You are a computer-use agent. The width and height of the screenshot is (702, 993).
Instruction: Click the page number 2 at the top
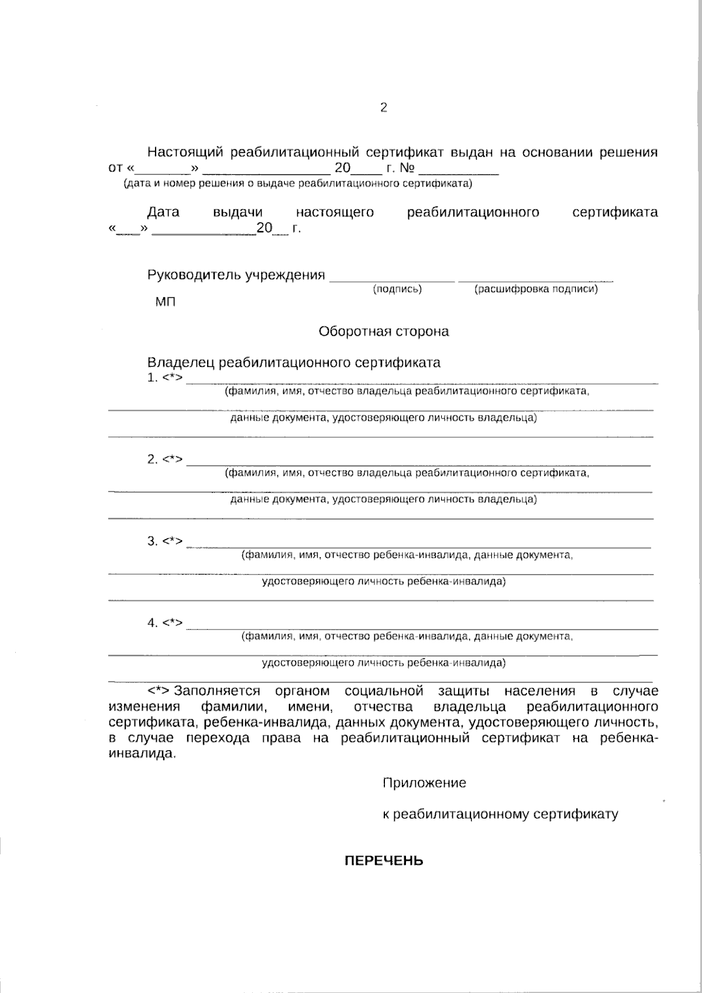click(x=384, y=108)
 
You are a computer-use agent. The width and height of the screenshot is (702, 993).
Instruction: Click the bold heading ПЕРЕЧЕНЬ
click(x=383, y=861)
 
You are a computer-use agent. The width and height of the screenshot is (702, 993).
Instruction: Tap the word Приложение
click(x=424, y=783)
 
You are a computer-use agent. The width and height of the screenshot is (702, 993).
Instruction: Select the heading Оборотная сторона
click(x=384, y=332)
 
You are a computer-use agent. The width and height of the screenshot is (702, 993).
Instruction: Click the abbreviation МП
click(x=165, y=302)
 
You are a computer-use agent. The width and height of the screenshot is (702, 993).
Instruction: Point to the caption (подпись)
click(x=397, y=289)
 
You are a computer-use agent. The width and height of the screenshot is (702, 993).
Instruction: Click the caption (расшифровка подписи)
click(x=536, y=289)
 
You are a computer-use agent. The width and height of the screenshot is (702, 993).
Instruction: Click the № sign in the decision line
click(x=408, y=169)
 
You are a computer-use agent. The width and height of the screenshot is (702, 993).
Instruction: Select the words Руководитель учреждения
click(x=236, y=275)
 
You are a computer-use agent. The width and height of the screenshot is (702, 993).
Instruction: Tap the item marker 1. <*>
click(x=166, y=378)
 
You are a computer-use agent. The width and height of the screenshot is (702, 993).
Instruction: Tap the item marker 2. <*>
click(x=166, y=459)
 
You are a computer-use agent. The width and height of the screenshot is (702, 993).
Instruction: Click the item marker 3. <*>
click(x=166, y=541)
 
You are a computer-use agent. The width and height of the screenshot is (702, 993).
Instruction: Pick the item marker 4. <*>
click(x=166, y=623)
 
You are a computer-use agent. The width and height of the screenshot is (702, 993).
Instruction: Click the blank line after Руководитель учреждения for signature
click(x=392, y=280)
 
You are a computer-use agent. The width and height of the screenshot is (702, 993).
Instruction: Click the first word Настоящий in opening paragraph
click(x=185, y=153)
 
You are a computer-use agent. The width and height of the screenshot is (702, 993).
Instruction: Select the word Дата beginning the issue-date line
click(x=163, y=212)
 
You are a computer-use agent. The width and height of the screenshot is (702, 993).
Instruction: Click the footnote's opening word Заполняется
click(x=216, y=692)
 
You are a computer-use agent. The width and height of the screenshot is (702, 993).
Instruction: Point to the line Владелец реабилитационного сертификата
click(x=294, y=363)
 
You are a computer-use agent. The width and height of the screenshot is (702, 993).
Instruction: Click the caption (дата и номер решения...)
click(x=297, y=184)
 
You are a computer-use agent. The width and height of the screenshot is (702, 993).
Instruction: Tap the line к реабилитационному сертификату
click(x=500, y=815)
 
